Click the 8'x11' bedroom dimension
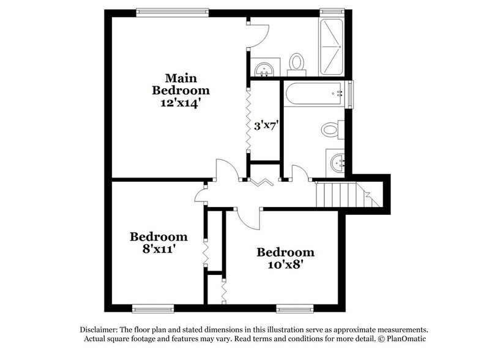pos(158,249)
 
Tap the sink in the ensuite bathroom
pos(265,67)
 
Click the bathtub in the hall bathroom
pos(314,94)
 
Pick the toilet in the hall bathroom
pos(331,130)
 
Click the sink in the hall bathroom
pos(337,163)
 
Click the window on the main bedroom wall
pos(172,10)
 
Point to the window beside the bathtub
pos(350,95)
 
